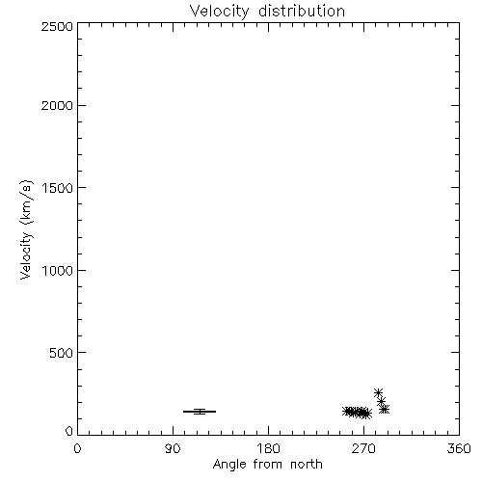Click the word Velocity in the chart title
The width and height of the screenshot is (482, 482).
(219, 12)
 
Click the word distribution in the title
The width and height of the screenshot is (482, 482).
(302, 11)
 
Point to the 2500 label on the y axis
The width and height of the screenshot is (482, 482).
(57, 26)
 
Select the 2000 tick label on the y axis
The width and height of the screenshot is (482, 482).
(57, 105)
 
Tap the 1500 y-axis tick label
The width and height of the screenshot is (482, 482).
(58, 188)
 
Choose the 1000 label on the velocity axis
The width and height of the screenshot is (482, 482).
(58, 271)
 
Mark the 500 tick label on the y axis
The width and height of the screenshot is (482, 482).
(62, 353)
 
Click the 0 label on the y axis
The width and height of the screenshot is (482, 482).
(69, 431)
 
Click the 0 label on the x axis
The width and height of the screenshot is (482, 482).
(77, 448)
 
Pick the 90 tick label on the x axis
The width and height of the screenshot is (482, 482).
(173, 448)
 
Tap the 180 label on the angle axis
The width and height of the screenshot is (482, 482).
(268, 448)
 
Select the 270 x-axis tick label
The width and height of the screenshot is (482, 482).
(363, 448)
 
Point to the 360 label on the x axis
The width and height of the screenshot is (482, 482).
(459, 448)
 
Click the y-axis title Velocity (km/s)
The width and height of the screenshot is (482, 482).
(26, 229)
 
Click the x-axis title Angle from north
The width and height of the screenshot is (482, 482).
(268, 465)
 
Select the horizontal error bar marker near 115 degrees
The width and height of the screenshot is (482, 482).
(200, 412)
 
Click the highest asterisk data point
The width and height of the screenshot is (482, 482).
(378, 392)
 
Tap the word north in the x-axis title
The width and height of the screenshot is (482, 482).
(307, 465)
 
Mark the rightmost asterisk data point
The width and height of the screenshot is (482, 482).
(385, 409)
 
